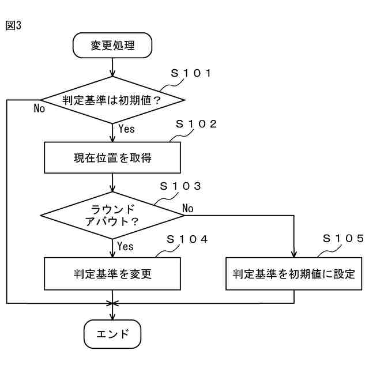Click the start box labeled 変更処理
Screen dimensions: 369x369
click(112, 45)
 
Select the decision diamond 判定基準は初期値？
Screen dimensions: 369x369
click(112, 100)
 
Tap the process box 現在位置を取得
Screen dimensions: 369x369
click(112, 157)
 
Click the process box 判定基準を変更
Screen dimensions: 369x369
click(112, 273)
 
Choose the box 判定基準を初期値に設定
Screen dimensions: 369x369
click(294, 273)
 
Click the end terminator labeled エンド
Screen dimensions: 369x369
click(112, 333)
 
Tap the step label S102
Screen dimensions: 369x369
click(196, 124)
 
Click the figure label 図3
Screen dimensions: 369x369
click(13, 26)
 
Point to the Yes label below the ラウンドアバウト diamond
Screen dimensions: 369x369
click(125, 247)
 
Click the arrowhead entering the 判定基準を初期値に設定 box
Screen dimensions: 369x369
click(294, 254)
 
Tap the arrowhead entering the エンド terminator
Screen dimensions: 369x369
click(112, 316)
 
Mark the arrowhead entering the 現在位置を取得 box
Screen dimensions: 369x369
click(112, 139)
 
